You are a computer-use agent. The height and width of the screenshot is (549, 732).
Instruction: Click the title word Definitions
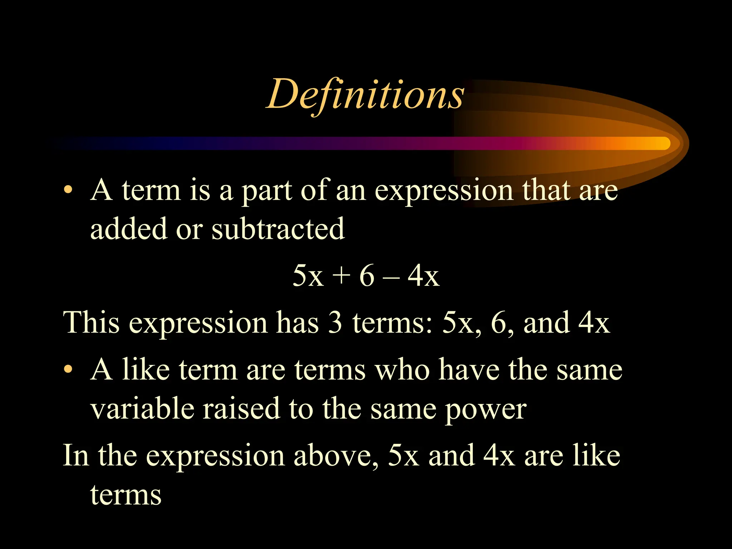point(365,94)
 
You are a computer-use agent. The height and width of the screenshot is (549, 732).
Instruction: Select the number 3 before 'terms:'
point(335,322)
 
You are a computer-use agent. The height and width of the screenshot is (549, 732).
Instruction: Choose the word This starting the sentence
point(91,322)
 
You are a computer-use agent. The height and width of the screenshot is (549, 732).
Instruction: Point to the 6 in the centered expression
point(367,276)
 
